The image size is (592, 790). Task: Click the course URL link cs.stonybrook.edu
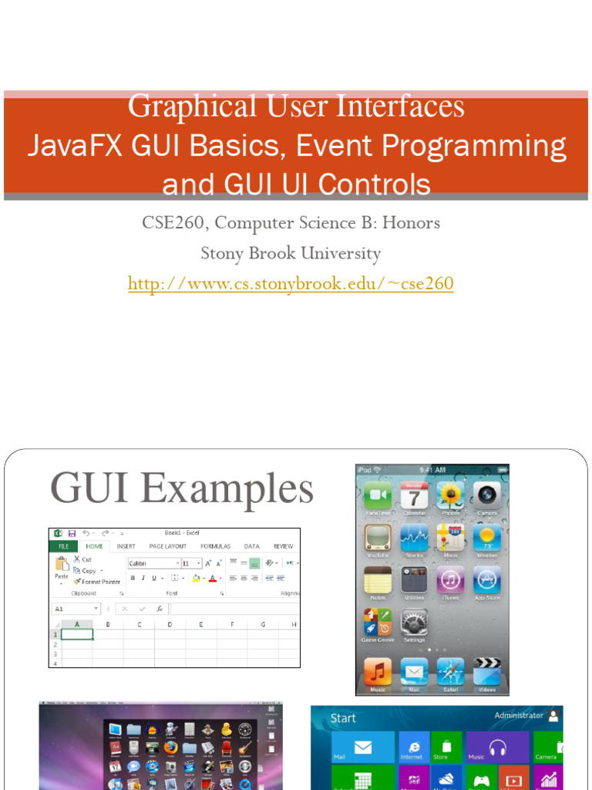291,284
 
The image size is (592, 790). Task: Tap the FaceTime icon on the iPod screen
378,495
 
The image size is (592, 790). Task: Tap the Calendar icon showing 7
414,495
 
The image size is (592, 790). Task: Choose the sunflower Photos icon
451,495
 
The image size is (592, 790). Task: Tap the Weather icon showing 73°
487,538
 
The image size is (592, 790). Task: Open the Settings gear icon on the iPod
414,623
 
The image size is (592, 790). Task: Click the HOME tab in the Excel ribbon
94,546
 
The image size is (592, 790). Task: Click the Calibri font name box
152,564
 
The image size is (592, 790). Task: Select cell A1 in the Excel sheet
77,634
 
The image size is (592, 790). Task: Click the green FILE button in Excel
63,546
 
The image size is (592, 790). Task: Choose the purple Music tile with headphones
497,747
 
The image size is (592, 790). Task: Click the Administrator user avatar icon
554,716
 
